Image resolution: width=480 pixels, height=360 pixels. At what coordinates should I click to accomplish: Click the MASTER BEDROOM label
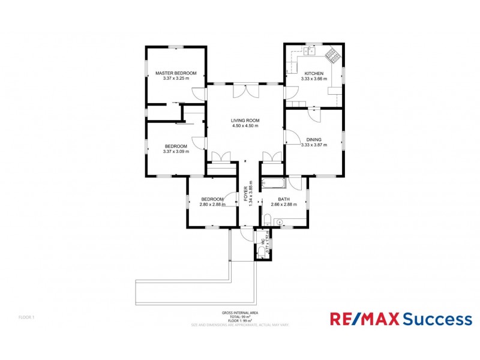pos(176,73)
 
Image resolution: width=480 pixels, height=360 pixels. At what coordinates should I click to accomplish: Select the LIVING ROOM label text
pos(245,121)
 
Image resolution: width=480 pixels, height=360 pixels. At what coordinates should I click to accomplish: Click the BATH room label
pos(284,199)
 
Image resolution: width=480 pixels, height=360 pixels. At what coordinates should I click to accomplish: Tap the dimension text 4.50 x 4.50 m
pos(245,126)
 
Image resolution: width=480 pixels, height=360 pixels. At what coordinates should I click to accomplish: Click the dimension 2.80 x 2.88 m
pos(212,205)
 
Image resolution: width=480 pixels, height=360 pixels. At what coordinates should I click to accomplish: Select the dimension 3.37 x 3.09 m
pos(176,151)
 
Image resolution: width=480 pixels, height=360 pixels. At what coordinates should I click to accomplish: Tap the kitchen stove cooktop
pos(332,55)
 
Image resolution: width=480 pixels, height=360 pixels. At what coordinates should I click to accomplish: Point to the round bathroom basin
pos(278,222)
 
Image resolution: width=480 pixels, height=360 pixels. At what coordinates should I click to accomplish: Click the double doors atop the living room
pos(245,90)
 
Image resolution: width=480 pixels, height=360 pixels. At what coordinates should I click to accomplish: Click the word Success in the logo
pos(437,319)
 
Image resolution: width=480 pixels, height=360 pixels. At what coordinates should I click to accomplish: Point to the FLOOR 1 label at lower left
pos(26,317)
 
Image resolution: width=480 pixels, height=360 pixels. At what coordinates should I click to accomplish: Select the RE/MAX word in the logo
pos(365,319)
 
